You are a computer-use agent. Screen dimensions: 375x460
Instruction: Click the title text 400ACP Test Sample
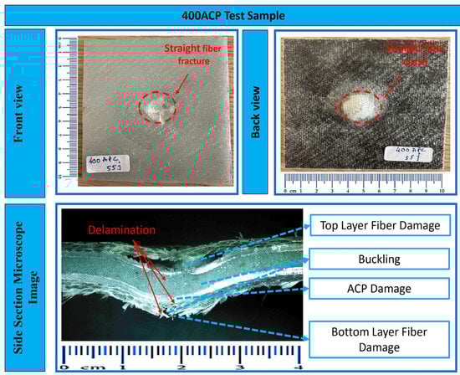pos(230,14)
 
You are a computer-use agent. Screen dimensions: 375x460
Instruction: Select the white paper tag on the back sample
pos(407,153)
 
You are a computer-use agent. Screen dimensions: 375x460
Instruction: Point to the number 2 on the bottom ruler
pos(181,367)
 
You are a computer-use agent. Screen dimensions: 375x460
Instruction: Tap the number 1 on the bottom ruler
pos(123,367)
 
